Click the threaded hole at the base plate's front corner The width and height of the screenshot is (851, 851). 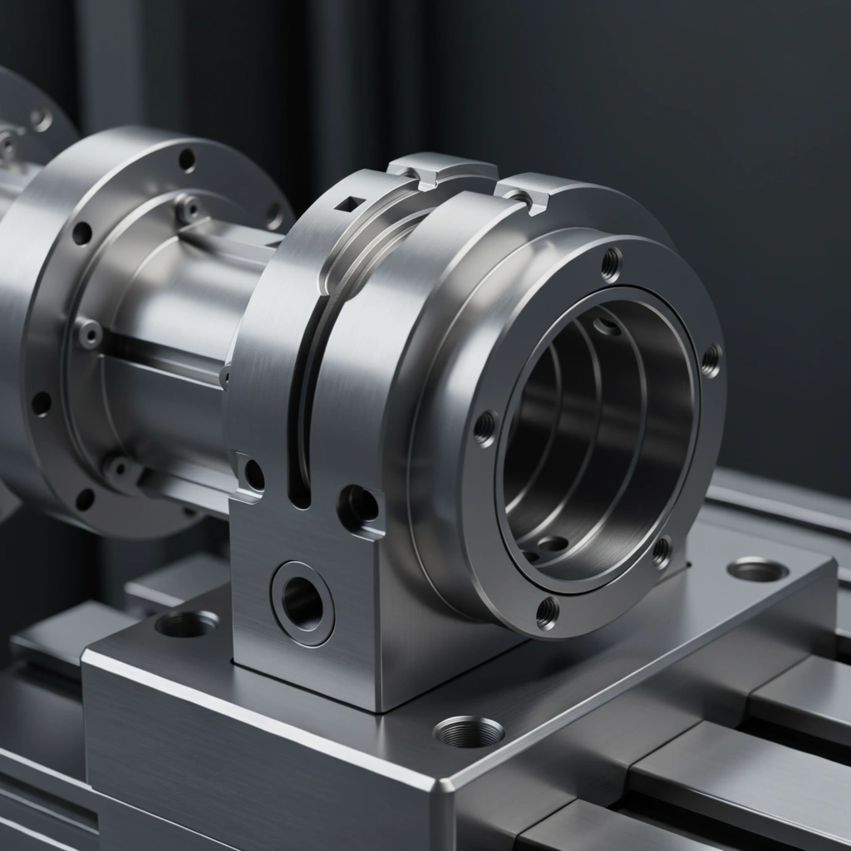pyautogui.click(x=469, y=731)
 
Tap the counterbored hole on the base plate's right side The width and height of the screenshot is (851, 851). pyautogui.click(x=757, y=570)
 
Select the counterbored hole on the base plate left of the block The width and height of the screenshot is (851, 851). pyautogui.click(x=186, y=623)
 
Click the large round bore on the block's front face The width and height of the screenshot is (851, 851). pyautogui.click(x=303, y=603)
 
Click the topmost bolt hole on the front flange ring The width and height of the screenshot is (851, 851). pyautogui.click(x=611, y=263)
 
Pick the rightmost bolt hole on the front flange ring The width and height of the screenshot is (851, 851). pyautogui.click(x=711, y=360)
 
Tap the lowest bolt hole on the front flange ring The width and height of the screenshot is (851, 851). pyautogui.click(x=547, y=612)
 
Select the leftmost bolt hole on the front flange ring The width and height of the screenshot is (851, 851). pyautogui.click(x=485, y=427)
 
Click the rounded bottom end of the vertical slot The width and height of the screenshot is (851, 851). pyautogui.click(x=300, y=498)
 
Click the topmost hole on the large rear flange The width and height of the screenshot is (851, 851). pyautogui.click(x=187, y=159)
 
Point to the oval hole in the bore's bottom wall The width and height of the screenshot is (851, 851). pyautogui.click(x=553, y=544)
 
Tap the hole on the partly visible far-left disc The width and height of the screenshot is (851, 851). pyautogui.click(x=40, y=120)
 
